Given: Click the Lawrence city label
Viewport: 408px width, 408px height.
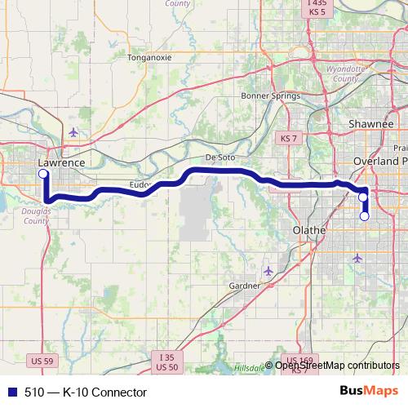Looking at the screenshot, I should click(61, 162).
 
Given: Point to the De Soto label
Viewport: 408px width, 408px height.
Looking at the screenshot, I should click(220, 158).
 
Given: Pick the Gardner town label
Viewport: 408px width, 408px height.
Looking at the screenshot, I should click(244, 286).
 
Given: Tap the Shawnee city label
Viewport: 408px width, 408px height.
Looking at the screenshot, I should click(373, 123).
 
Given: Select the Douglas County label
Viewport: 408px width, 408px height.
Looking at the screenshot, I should click(36, 215).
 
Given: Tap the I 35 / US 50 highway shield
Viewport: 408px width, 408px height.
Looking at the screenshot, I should click(166, 362).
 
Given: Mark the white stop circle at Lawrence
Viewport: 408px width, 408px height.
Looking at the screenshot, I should click(42, 174).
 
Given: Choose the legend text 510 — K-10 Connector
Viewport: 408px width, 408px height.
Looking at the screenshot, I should click(86, 392).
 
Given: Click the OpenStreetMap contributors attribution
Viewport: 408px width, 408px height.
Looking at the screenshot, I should click(337, 366).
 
